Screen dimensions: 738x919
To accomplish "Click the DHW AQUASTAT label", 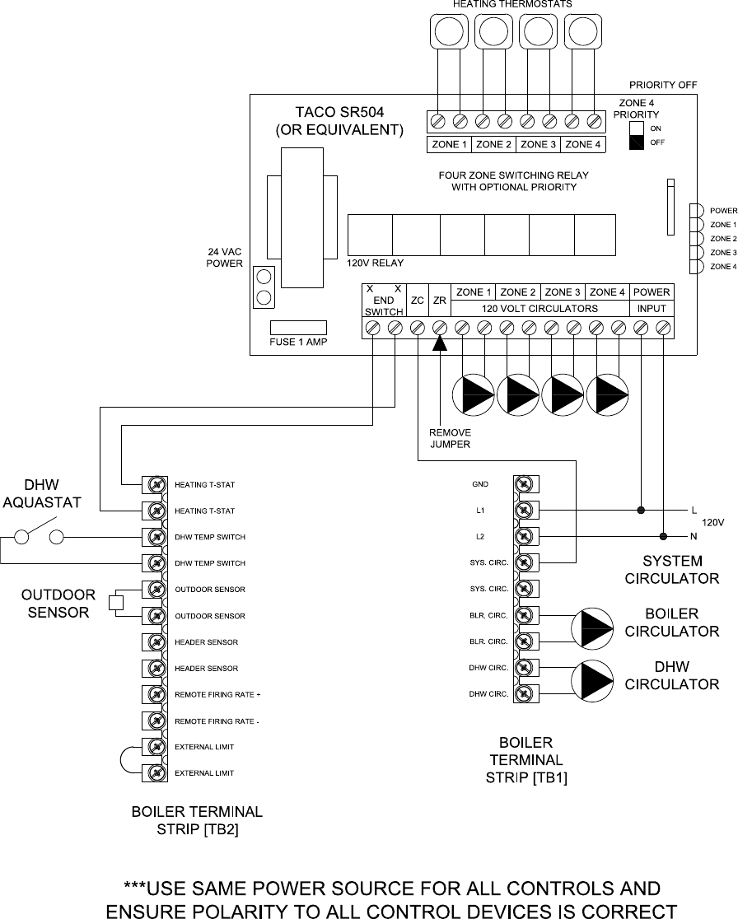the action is coord(42,493).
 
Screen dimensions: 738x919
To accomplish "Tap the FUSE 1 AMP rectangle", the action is coord(298,328).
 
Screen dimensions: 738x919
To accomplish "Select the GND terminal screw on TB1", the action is coord(526,484).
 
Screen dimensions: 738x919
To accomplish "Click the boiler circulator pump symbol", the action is coord(592,628).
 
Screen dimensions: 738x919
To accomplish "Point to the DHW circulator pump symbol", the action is coord(592,681).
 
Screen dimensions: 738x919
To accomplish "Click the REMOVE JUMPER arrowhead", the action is coord(440,343).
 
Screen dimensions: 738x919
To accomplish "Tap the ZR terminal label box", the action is coord(440,301).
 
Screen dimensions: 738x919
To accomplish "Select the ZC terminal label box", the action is coord(418,301).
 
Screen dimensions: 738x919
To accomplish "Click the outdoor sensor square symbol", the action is coord(116,603).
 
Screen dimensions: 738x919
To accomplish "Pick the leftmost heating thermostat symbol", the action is coord(449,31).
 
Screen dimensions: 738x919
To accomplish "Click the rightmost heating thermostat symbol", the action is coord(583,31).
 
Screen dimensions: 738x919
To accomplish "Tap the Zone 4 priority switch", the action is coord(637,135).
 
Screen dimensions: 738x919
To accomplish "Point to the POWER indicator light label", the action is coord(723,211).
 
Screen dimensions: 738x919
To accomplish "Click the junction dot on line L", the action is coord(641,510).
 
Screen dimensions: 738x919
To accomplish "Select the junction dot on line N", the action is coord(663,536).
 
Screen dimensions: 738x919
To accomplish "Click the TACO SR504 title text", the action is coord(339,112).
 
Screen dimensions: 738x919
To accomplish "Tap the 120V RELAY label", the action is coord(375,264).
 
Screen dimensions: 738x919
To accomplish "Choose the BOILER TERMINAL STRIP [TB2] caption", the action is coord(197,820).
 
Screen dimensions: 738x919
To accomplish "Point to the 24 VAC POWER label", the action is coord(225,258).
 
